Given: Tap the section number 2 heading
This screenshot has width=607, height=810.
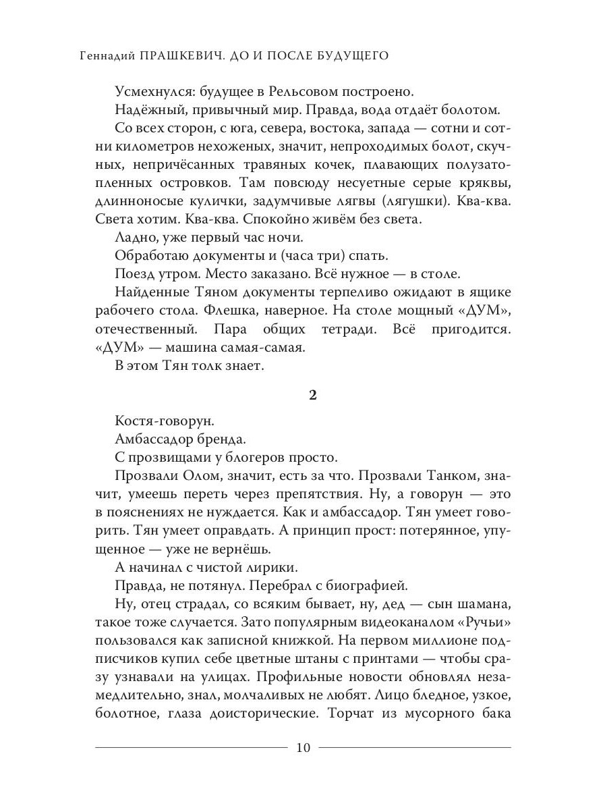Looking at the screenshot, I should [303, 396].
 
